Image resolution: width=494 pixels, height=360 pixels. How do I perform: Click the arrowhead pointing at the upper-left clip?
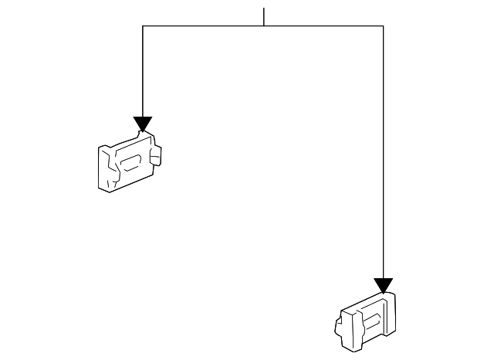(x=143, y=124)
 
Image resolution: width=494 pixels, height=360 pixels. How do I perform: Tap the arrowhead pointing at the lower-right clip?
(x=383, y=285)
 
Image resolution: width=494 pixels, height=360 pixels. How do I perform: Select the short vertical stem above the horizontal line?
(x=264, y=16)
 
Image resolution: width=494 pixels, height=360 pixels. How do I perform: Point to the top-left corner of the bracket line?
(x=143, y=26)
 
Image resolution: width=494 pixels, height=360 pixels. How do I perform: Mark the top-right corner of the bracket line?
(x=383, y=26)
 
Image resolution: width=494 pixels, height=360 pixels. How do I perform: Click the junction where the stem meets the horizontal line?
(x=264, y=26)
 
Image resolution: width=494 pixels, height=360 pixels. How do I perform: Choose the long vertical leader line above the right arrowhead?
(x=383, y=155)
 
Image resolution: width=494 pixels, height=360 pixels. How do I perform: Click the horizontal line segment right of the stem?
(x=324, y=26)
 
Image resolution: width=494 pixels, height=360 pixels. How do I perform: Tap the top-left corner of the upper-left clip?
(x=100, y=147)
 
